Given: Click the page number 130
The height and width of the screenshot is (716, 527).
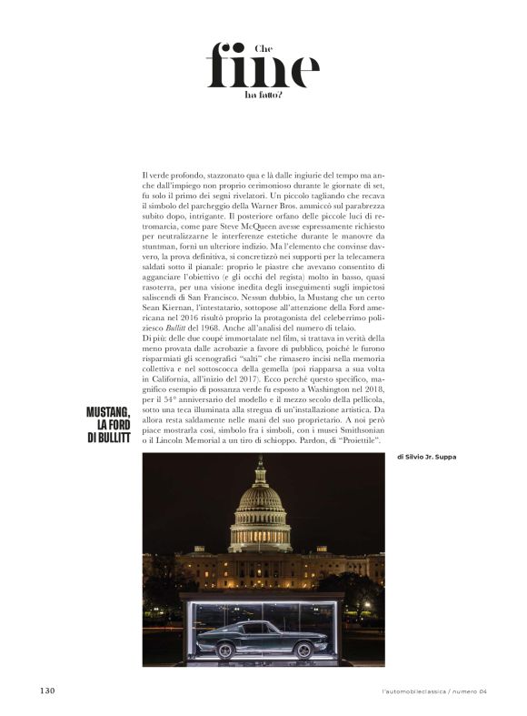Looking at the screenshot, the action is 47,691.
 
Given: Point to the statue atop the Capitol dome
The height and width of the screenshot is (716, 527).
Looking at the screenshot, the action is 260,461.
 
